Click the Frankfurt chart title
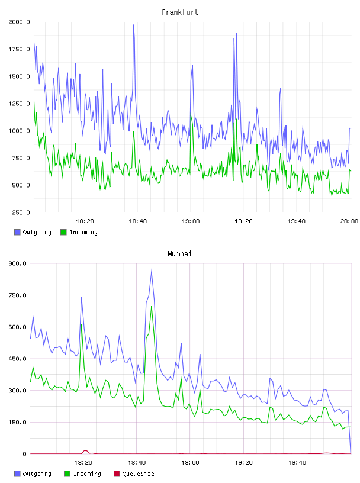coord(180,12)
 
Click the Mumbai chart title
coord(179,254)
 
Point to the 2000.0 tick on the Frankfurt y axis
coord(19,22)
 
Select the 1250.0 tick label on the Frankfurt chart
coord(19,104)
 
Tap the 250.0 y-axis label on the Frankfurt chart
coord(21,212)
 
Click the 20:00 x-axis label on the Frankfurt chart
coord(349,221)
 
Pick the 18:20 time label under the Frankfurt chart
coord(85,221)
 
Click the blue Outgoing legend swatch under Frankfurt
coord(17,232)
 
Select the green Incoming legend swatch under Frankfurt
coord(63,232)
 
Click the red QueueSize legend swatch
coord(117,474)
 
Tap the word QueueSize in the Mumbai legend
coord(139,474)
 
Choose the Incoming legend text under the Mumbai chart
coord(87,474)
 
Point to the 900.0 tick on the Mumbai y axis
coord(18,263)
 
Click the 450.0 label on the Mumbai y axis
coord(18,359)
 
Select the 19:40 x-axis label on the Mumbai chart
coord(297,463)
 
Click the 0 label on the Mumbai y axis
coord(25,454)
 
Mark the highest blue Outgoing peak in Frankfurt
coord(134,25)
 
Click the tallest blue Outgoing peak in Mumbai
coord(152,271)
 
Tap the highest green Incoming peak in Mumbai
coord(152,307)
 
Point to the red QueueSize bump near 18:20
coord(85,451)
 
